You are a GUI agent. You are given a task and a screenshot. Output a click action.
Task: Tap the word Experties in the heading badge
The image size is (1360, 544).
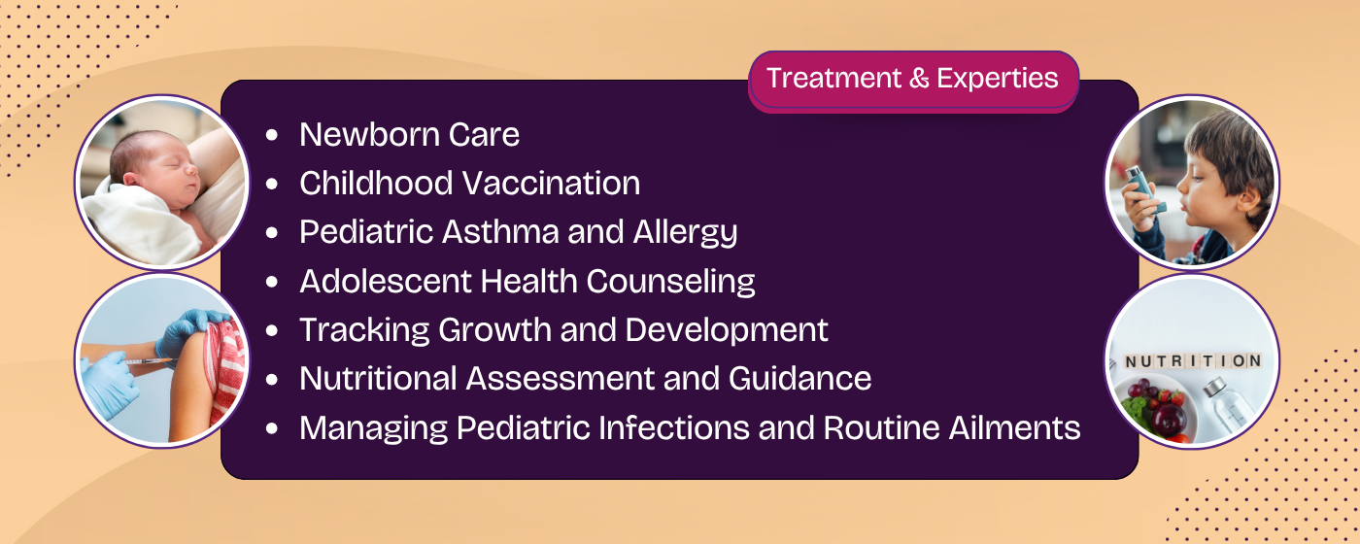[997, 79]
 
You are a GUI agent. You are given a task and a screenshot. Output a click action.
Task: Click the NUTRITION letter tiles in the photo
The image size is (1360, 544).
[1191, 361]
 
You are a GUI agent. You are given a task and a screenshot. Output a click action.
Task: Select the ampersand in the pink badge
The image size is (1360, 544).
[919, 79]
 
